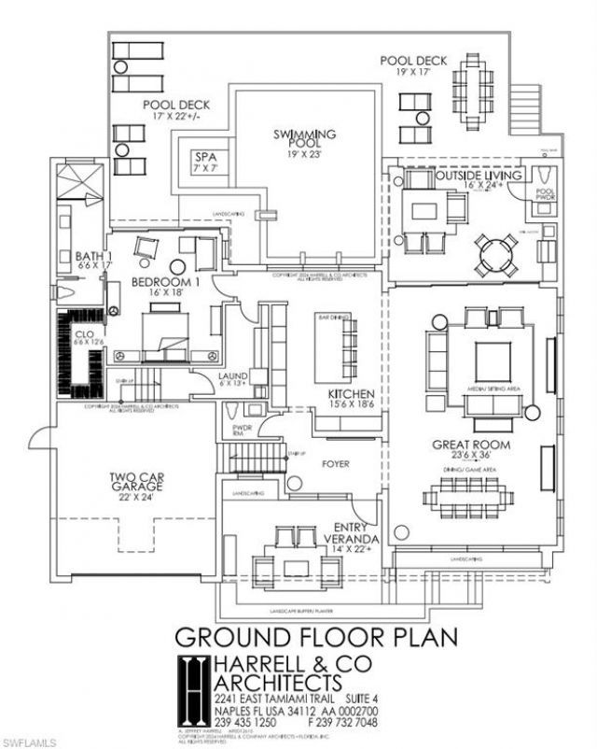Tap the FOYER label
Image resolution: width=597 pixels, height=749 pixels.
tap(336, 462)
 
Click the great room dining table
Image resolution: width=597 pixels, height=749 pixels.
tap(466, 494)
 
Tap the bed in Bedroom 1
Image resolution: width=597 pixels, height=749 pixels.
tap(165, 335)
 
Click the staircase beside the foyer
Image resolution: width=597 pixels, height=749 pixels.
tap(256, 459)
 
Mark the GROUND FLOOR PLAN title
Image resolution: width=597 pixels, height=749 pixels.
tap(316, 638)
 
